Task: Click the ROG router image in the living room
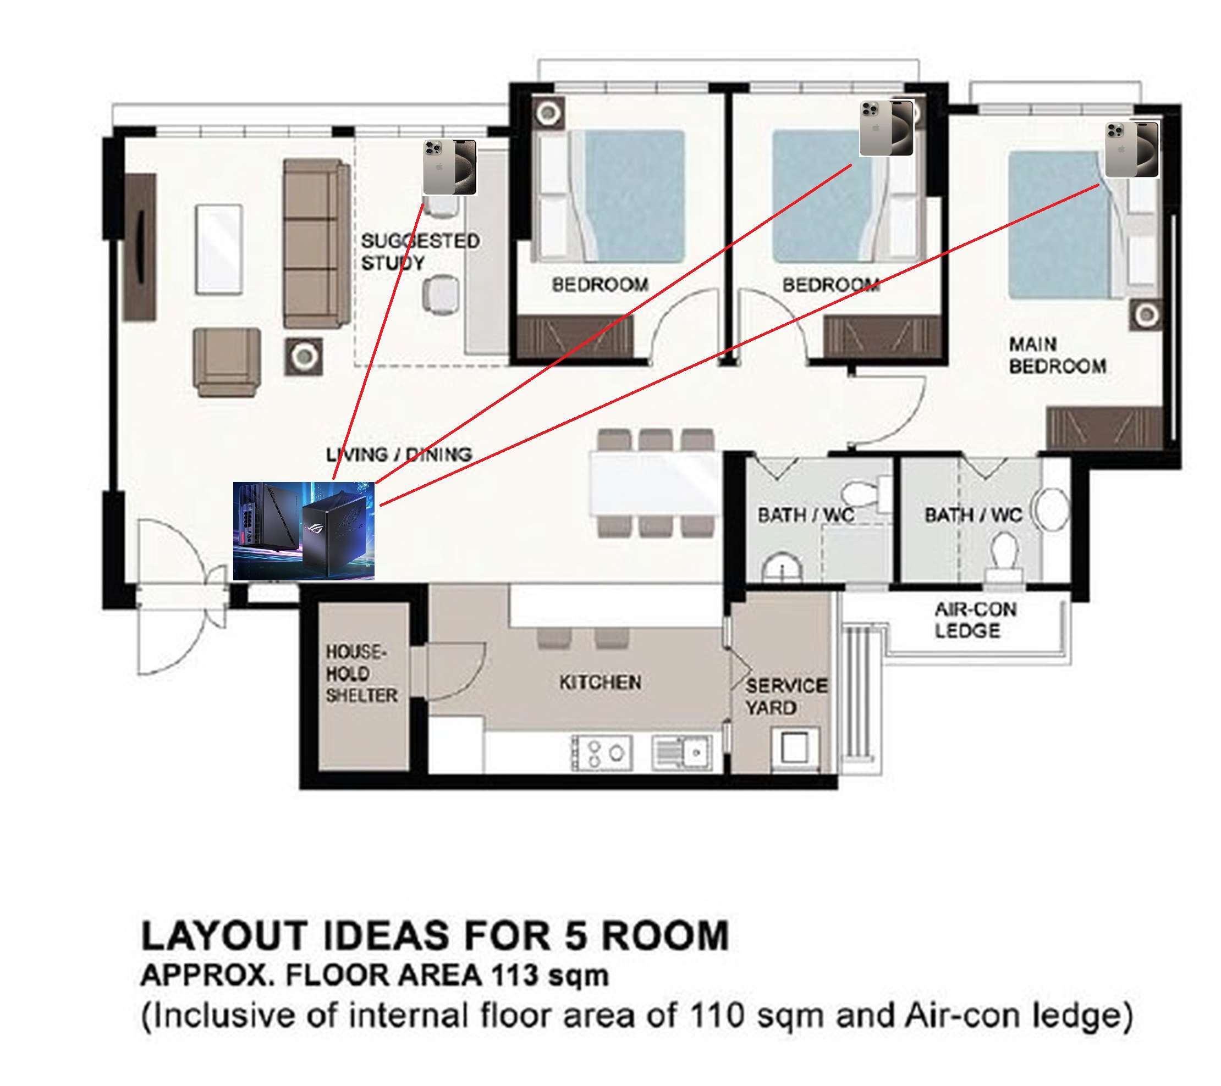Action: tap(304, 531)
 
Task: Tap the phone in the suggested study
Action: tap(449, 168)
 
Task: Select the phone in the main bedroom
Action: tap(1131, 149)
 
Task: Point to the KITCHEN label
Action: tap(601, 683)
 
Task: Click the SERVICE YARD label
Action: tap(786, 697)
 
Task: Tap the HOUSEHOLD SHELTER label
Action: tap(361, 673)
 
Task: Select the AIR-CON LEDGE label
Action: tap(975, 620)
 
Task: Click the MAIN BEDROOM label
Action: tap(1057, 355)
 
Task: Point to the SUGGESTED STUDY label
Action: tap(420, 252)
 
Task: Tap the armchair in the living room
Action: tap(227, 362)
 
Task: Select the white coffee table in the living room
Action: tap(219, 250)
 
